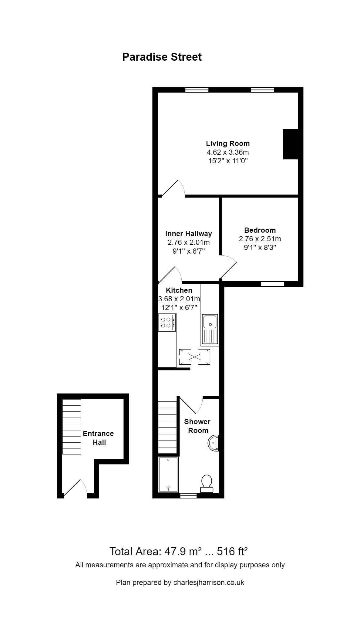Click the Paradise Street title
(x=162, y=57)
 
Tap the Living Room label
(x=228, y=143)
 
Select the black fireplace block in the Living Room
(x=290, y=144)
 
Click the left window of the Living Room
(x=197, y=89)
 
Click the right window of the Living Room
(x=262, y=89)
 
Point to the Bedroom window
(x=272, y=284)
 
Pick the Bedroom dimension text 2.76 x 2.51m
(x=260, y=239)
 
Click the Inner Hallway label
(x=188, y=234)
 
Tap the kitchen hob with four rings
(x=167, y=322)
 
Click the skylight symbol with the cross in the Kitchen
(x=194, y=357)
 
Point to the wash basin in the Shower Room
(x=213, y=443)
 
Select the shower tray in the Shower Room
(x=168, y=474)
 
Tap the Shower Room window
(x=188, y=496)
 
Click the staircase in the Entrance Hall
(x=72, y=427)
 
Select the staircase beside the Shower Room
(x=167, y=427)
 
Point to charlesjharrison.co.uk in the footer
(x=209, y=582)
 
